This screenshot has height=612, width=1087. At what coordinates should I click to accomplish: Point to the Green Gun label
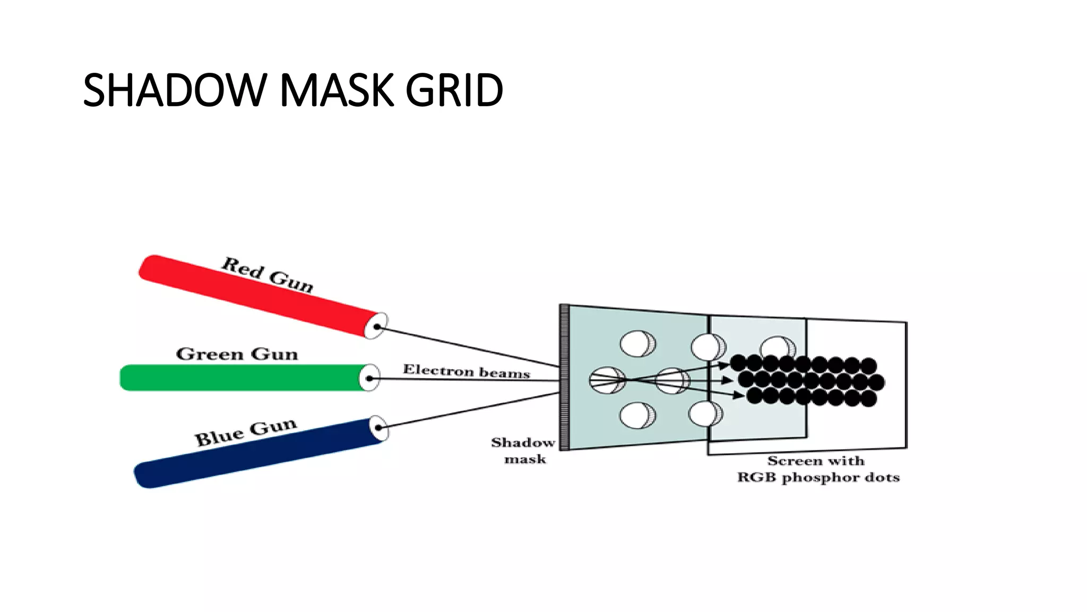click(237, 354)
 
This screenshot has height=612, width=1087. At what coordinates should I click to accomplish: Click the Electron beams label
click(466, 371)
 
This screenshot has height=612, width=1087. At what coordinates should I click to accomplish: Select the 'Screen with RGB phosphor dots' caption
click(817, 469)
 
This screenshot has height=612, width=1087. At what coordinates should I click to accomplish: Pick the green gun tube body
click(239, 378)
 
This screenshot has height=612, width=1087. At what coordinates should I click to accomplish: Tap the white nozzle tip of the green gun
click(370, 378)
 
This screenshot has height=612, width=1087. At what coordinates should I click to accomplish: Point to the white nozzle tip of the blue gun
click(378, 428)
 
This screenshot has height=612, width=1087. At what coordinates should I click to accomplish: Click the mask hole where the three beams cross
click(607, 380)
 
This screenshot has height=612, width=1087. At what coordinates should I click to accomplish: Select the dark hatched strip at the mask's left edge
click(565, 377)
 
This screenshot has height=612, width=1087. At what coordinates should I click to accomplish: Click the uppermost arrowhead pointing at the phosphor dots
click(724, 365)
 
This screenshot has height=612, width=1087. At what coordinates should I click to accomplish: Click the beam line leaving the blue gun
click(467, 410)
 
